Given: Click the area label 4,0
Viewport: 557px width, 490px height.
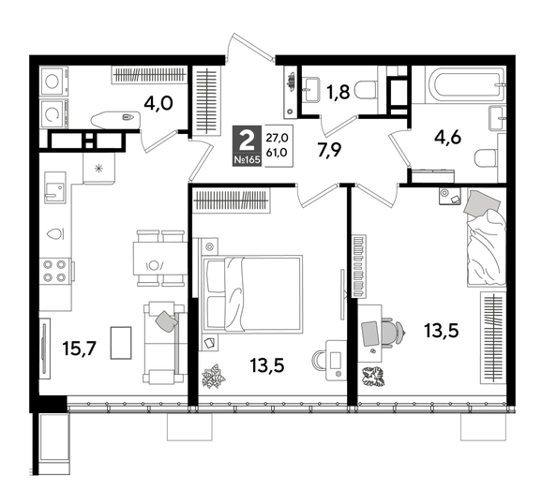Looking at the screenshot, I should [157, 100].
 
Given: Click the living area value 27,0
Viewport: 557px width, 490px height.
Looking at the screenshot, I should [278, 136].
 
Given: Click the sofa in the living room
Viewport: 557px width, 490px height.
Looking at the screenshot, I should [160, 341].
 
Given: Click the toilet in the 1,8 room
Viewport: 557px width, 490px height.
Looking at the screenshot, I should [367, 90].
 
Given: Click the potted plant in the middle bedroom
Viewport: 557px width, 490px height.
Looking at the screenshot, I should [214, 377].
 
